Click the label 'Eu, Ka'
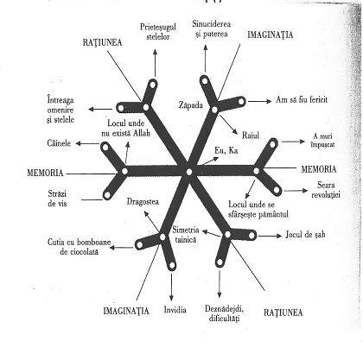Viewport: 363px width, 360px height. [x=226, y=150]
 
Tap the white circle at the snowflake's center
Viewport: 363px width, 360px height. [x=189, y=172]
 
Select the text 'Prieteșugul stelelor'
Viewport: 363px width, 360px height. [x=158, y=32]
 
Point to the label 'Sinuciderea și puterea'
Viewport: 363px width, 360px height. [x=211, y=29]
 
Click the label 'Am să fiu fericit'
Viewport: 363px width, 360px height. [x=302, y=100]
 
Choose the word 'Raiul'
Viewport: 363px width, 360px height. [x=251, y=136]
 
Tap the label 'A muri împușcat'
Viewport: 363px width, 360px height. [x=323, y=140]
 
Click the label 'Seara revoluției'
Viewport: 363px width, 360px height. [x=326, y=190]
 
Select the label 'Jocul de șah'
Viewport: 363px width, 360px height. [x=305, y=235]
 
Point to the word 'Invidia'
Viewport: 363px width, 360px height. [x=175, y=310]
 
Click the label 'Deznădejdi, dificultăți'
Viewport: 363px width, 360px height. [x=225, y=313]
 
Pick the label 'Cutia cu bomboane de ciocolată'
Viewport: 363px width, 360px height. [x=80, y=247]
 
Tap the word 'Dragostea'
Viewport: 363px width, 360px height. [x=143, y=202]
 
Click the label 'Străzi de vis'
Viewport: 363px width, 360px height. [x=57, y=199]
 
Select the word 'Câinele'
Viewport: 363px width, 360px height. [x=59, y=143]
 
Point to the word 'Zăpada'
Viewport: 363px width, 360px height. [x=190, y=105]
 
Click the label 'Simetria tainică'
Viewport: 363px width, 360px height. [x=186, y=235]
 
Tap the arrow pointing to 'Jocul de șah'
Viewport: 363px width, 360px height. [x=270, y=236]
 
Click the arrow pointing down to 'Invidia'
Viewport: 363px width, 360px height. [x=172, y=287]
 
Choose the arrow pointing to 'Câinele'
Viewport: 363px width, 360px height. [x=88, y=143]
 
